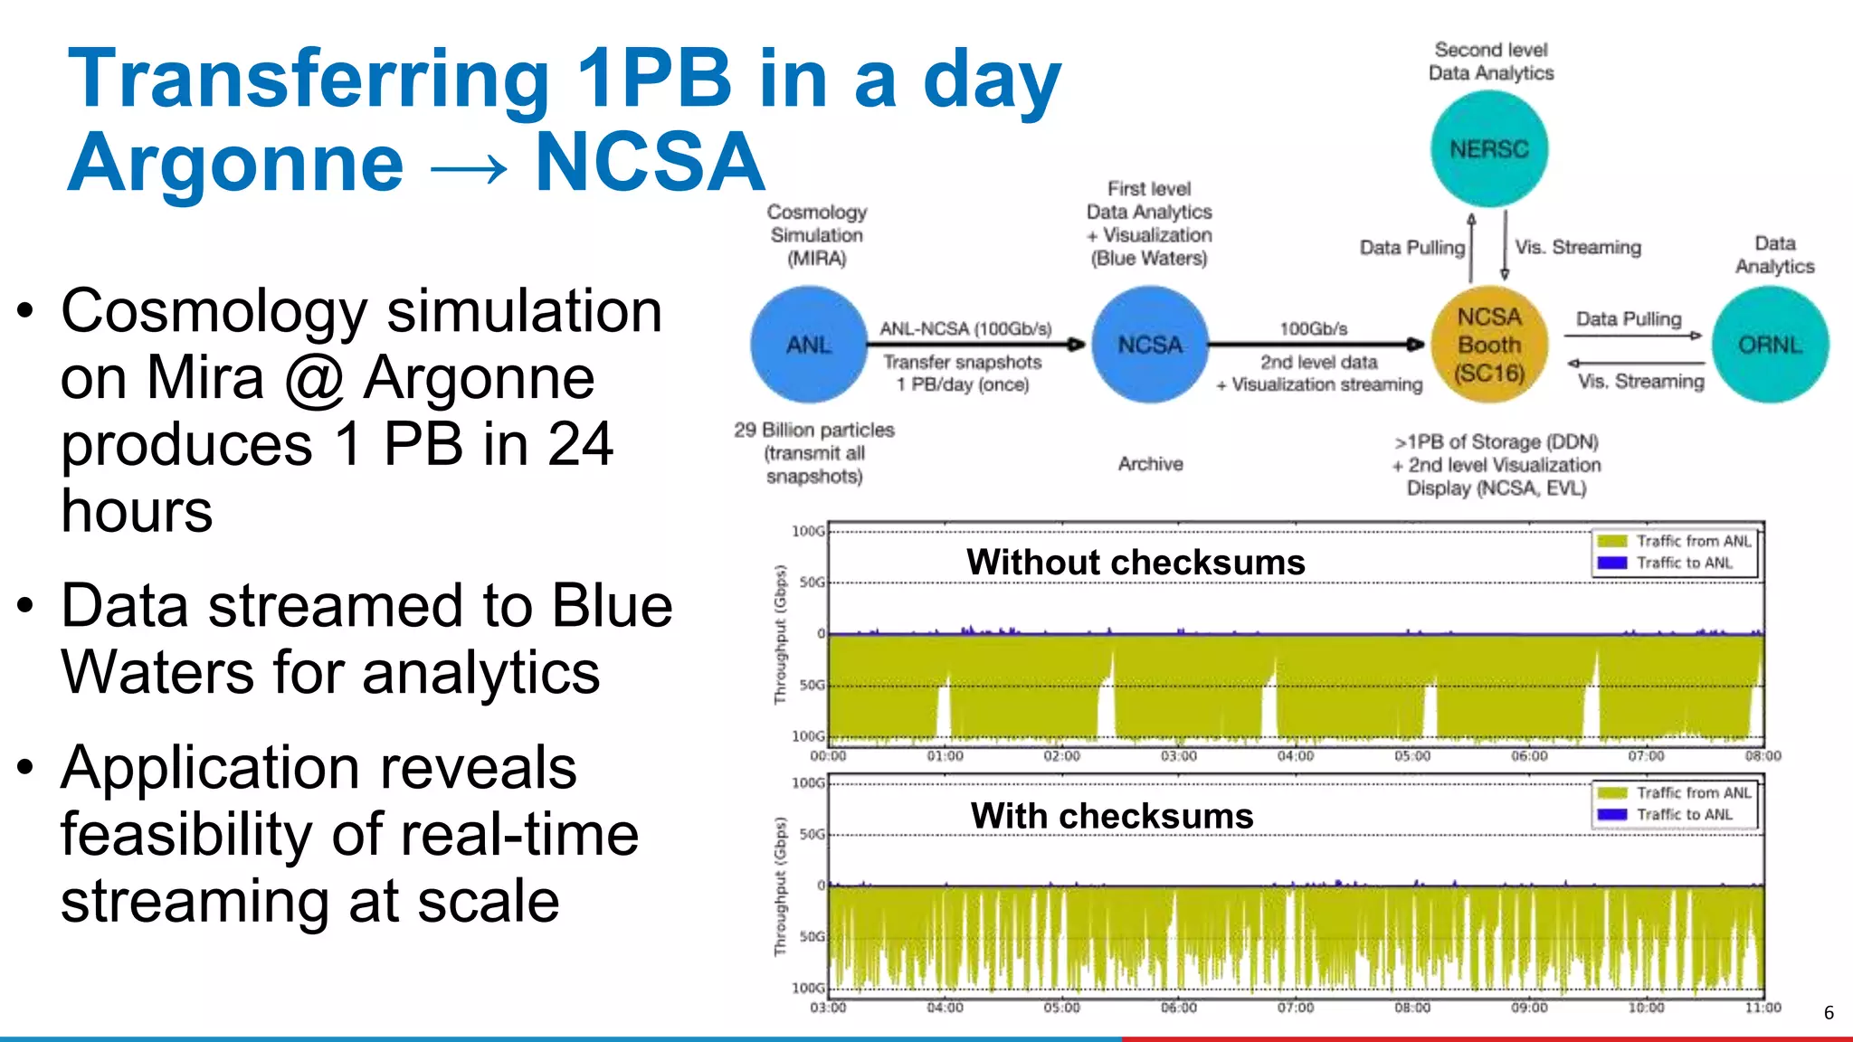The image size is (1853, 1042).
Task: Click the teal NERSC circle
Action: pos(1489,149)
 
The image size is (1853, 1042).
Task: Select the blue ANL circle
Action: pos(809,345)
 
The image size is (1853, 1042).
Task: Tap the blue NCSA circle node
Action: pos(1150,345)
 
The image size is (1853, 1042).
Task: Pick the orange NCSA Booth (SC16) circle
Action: pos(1489,345)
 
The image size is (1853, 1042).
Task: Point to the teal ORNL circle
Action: pos(1771,345)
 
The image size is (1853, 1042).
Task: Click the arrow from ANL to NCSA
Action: pos(977,345)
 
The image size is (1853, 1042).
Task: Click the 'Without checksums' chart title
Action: pos(1136,563)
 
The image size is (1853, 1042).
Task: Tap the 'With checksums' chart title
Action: pos(1112,816)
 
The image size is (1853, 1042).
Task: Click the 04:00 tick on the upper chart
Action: pos(1296,756)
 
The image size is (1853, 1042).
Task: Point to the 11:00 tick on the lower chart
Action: pos(1763,1008)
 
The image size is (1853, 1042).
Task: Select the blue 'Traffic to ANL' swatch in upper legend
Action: pos(1612,563)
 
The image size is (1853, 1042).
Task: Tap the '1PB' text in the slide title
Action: pos(653,80)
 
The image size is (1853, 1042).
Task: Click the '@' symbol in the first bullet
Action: pos(314,378)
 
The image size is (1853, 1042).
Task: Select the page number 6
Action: pos(1829,1013)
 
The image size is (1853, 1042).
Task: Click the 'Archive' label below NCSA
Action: pos(1150,464)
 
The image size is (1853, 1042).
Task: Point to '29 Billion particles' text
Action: pos(813,431)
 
